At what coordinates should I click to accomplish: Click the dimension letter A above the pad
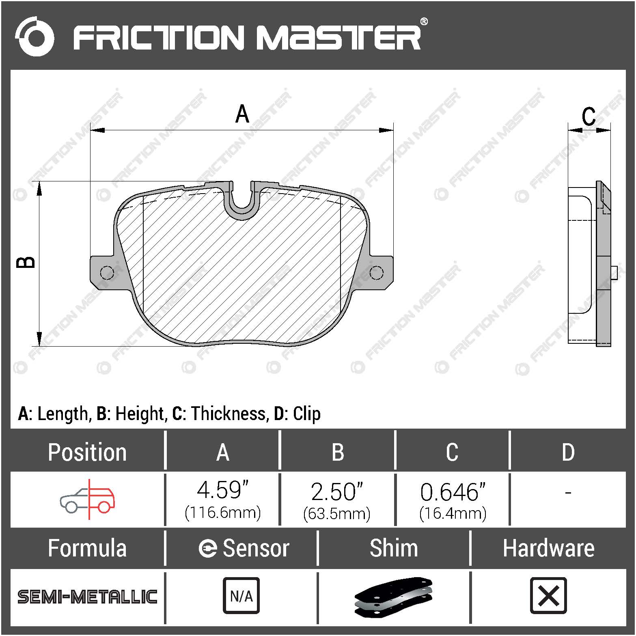(242, 114)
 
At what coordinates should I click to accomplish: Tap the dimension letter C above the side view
(588, 116)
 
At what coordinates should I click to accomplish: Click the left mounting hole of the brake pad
(106, 272)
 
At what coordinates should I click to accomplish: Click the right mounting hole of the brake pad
(376, 272)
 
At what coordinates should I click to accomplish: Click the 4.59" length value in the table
(222, 490)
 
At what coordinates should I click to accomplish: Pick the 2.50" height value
(337, 492)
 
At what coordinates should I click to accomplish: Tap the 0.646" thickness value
(453, 492)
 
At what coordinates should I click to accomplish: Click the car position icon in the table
(88, 499)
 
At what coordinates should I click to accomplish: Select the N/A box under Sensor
(241, 596)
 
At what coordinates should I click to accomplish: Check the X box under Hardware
(548, 596)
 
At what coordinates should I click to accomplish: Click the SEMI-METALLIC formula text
(87, 597)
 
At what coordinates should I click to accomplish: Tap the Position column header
(87, 452)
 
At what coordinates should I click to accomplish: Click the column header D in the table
(568, 452)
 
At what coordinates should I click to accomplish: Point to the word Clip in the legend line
(306, 414)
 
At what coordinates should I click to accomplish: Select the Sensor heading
(244, 548)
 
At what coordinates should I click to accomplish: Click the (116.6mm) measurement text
(222, 513)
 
